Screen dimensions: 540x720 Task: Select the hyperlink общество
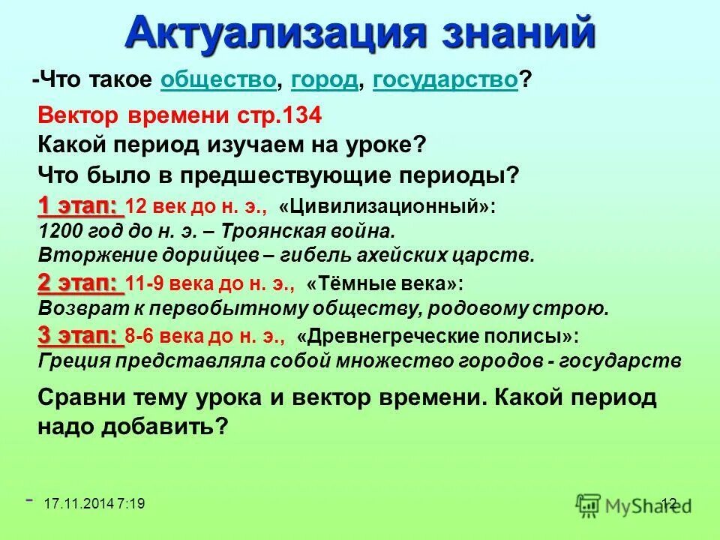218,80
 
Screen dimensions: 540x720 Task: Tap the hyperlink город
324,80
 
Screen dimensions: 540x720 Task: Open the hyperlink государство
445,80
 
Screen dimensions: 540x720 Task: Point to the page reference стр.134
286,116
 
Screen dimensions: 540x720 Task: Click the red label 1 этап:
80,205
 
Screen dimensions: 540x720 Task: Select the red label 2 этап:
80,283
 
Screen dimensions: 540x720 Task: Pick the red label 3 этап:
80,334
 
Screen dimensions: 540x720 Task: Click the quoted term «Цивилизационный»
387,206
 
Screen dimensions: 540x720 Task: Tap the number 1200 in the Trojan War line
58,230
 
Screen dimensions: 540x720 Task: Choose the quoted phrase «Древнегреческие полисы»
438,336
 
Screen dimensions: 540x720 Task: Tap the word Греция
73,361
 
